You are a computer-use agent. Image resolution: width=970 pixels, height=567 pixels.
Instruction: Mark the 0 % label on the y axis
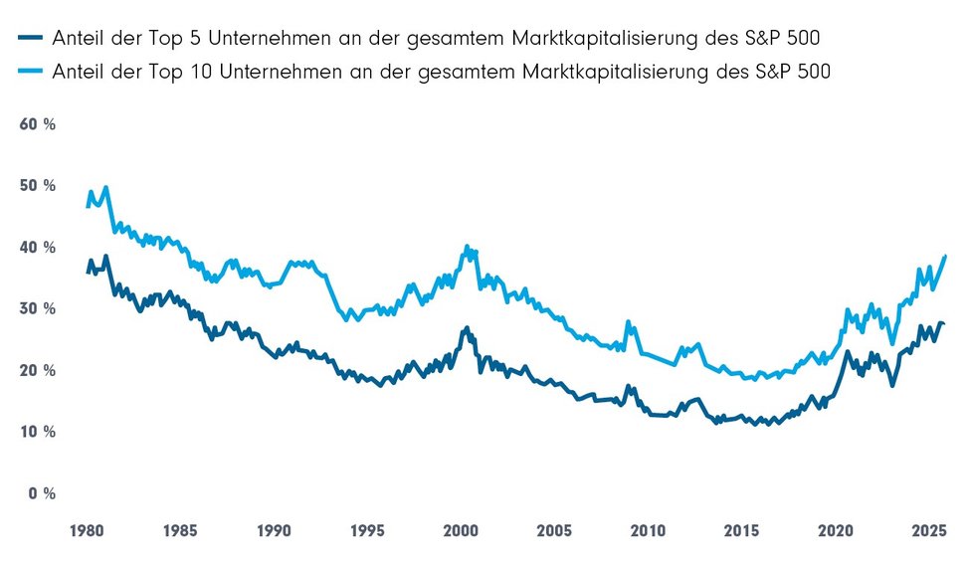tap(40, 494)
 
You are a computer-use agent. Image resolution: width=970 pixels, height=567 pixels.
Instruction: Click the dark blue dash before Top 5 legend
tap(29, 39)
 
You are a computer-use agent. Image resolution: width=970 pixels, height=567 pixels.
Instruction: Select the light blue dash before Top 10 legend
tap(29, 71)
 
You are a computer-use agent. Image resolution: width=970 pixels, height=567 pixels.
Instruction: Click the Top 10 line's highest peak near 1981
tap(105, 187)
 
